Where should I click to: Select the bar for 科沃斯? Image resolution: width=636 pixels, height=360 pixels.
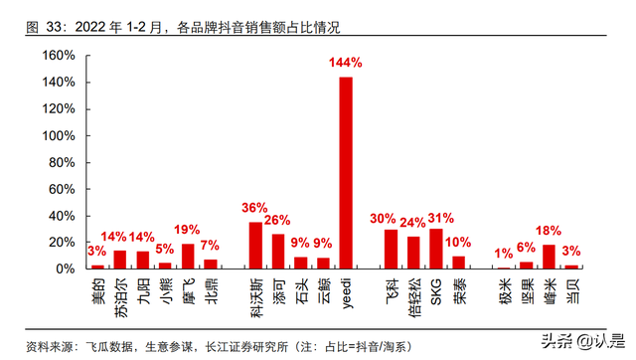255,246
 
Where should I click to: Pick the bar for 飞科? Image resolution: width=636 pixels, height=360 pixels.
391,250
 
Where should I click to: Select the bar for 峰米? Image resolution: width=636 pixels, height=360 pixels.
549,257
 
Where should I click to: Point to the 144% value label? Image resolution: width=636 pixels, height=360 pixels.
346,63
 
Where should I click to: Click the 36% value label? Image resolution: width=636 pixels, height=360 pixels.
254,208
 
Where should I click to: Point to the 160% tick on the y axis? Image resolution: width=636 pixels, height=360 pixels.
56,56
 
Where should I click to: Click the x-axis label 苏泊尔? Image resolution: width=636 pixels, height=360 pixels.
120,298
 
